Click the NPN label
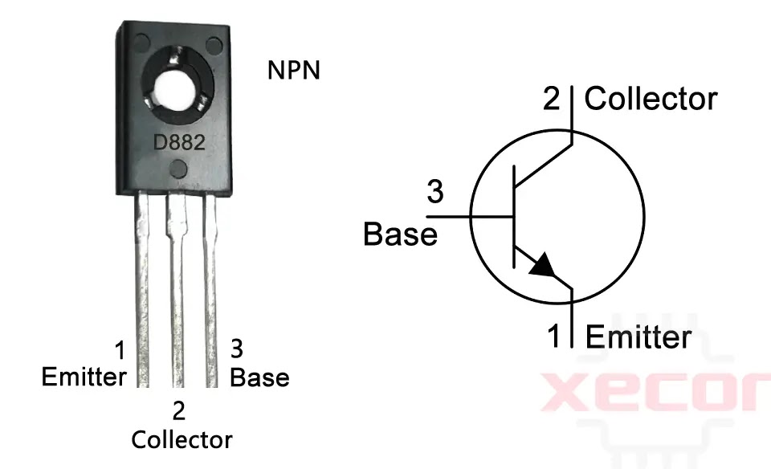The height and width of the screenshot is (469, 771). [293, 71]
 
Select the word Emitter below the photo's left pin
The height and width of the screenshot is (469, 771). [84, 377]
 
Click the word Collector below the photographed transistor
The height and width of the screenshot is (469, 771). [182, 439]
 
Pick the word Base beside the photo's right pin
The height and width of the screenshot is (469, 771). [259, 377]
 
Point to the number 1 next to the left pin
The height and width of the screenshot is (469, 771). [119, 352]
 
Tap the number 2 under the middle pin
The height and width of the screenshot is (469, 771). [178, 411]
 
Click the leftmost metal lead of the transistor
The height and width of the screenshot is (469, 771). [143, 289]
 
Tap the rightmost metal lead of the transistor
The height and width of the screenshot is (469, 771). [210, 289]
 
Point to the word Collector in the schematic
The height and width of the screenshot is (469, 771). [651, 99]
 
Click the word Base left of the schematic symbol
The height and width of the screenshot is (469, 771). [401, 234]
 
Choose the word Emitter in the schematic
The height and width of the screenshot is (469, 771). [638, 336]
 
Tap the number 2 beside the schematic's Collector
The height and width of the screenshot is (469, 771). [552, 100]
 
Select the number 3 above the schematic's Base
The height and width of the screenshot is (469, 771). [434, 193]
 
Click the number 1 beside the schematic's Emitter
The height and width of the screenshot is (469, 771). [554, 336]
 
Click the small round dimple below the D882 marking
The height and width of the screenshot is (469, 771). [178, 169]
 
